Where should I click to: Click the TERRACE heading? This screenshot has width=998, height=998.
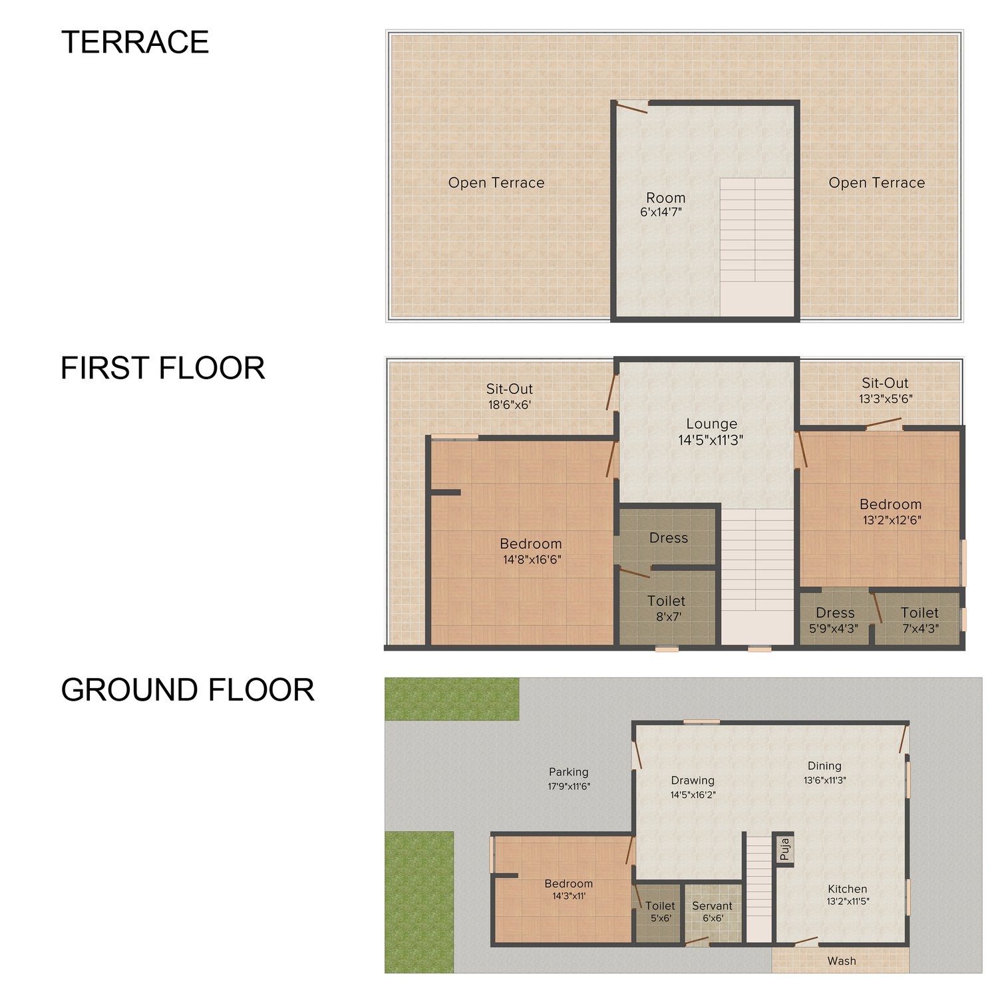(x=135, y=43)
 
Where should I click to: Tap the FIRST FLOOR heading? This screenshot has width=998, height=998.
(x=163, y=368)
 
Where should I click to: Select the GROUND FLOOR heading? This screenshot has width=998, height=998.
(x=188, y=690)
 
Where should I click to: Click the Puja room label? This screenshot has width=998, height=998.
(x=784, y=849)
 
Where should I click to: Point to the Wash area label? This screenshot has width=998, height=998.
(x=842, y=961)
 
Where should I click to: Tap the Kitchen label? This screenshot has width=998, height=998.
(x=848, y=889)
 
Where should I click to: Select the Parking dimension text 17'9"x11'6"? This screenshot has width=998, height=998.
(x=569, y=786)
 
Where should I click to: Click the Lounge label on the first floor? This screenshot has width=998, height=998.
(x=711, y=424)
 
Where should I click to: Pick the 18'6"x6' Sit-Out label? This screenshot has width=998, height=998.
(x=510, y=396)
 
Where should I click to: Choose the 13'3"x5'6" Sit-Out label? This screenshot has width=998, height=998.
(x=886, y=391)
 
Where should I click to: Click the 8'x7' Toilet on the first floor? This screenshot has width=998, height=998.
(x=667, y=607)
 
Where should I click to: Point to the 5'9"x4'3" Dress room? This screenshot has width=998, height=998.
(x=834, y=619)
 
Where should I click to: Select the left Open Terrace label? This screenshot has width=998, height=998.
(x=496, y=183)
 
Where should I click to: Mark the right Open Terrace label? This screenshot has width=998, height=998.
(x=877, y=183)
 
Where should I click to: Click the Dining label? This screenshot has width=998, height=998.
(x=824, y=766)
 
